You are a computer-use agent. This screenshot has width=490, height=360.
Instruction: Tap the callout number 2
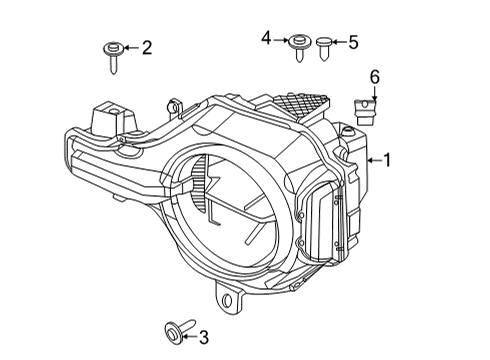pyautogui.click(x=146, y=46)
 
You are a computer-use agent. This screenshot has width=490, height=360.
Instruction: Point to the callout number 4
pyautogui.click(x=267, y=38)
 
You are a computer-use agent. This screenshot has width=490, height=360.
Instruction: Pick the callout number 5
pyautogui.click(x=351, y=42)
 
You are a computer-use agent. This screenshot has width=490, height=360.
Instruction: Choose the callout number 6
pyautogui.click(x=375, y=76)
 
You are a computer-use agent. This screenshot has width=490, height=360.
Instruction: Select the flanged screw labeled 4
pyautogui.click(x=297, y=46)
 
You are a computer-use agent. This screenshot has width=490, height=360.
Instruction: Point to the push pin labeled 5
pyautogui.click(x=325, y=46)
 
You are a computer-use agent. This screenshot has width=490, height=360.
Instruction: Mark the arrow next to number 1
pyautogui.click(x=374, y=158)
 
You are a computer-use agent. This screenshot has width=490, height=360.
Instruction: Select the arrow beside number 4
pyautogui.click(x=282, y=39)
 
